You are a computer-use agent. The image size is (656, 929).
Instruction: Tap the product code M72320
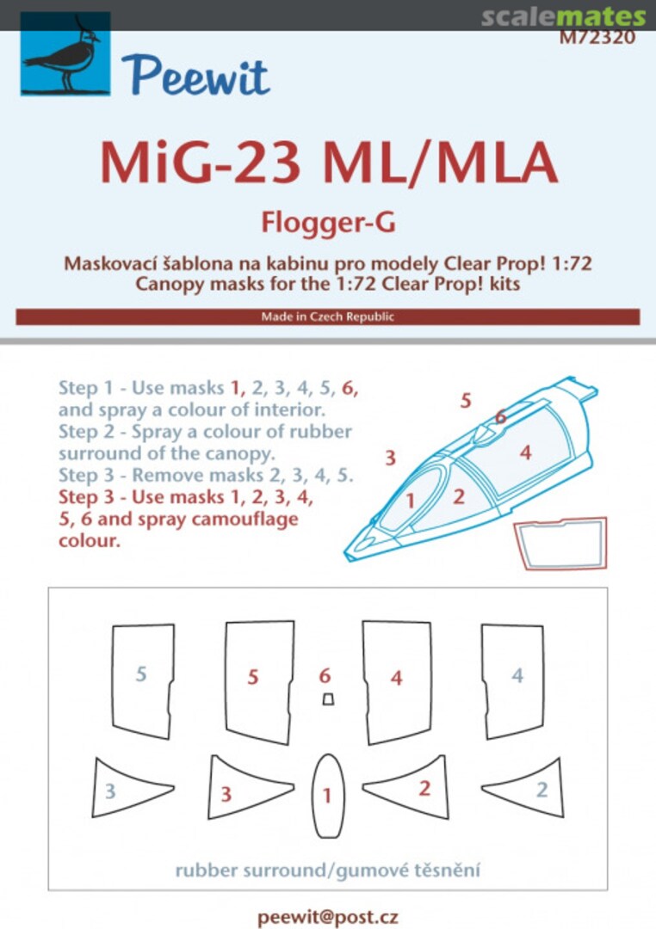tap(597, 37)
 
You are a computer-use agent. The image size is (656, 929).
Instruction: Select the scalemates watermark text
tap(563, 16)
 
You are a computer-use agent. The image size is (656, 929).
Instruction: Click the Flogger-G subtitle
tap(328, 222)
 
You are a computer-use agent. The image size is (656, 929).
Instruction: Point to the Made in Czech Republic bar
tap(327, 317)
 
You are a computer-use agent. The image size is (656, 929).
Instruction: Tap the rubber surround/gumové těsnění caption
tap(327, 870)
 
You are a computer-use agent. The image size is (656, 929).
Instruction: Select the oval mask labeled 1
tap(327, 795)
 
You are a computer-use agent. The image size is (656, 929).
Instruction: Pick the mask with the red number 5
tap(256, 680)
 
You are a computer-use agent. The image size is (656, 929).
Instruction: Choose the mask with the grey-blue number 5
tap(142, 680)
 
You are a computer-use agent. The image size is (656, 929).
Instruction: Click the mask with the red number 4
tap(396, 680)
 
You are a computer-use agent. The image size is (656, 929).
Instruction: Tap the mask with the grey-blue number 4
tap(513, 680)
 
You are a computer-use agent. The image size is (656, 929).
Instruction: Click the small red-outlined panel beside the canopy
tap(560, 544)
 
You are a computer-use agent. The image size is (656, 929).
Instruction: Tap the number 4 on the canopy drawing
tap(525, 451)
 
